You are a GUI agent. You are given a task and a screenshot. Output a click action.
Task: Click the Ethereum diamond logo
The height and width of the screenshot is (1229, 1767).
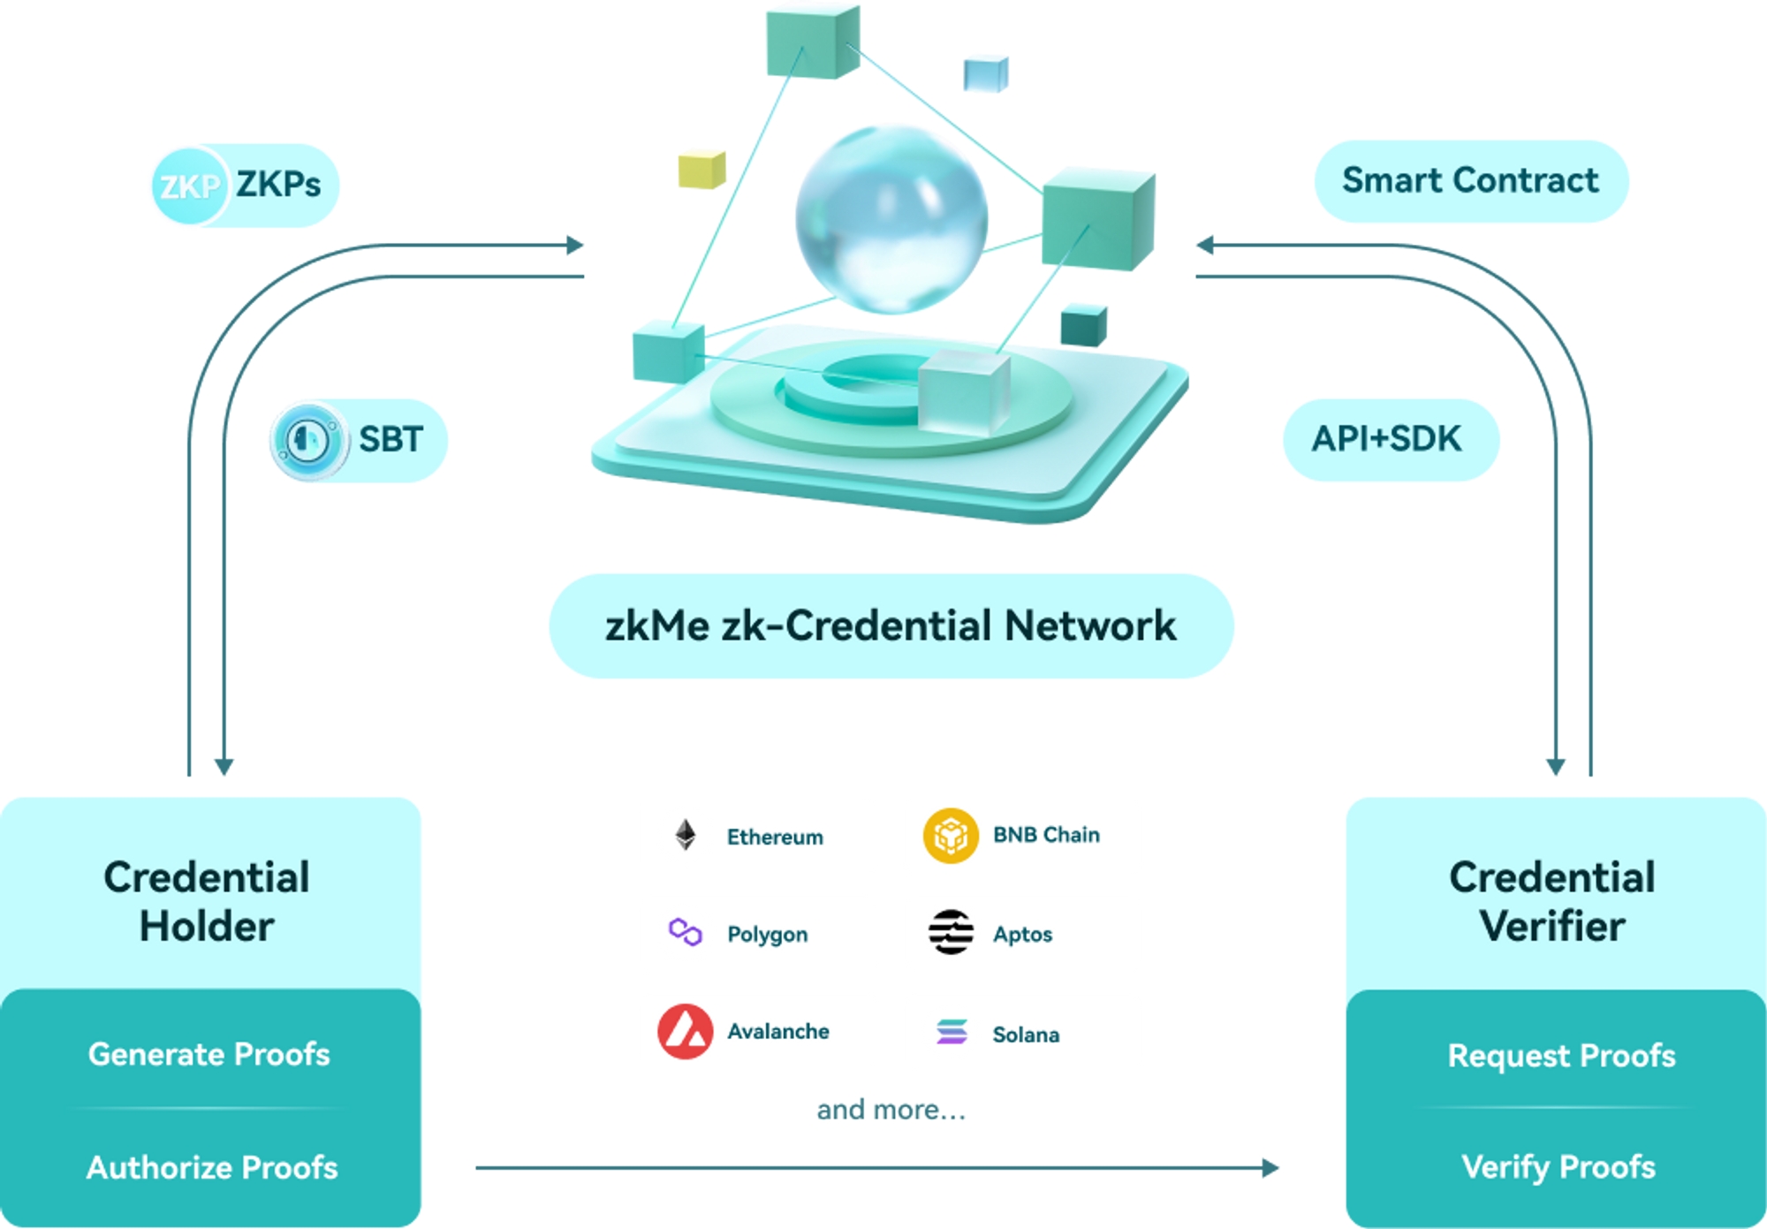(x=686, y=835)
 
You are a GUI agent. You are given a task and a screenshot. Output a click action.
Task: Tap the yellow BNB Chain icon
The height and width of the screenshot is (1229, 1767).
(x=951, y=835)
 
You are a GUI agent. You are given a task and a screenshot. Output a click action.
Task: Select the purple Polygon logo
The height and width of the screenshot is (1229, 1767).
(x=686, y=932)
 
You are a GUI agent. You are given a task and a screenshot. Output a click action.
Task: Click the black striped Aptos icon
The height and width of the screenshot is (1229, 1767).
(x=951, y=932)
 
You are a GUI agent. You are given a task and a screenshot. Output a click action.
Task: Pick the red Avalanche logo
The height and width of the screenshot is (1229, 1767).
(x=686, y=1031)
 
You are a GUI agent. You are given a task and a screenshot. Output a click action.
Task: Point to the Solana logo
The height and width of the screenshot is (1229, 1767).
(x=952, y=1031)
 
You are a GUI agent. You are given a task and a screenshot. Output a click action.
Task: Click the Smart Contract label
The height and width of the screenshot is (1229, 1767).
(x=1471, y=181)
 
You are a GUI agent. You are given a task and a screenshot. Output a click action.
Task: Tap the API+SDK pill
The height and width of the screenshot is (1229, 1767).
(x=1390, y=439)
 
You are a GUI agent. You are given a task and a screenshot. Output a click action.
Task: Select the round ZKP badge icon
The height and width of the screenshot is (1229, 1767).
(x=189, y=186)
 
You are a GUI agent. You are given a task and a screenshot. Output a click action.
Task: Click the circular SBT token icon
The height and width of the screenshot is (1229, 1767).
(x=308, y=440)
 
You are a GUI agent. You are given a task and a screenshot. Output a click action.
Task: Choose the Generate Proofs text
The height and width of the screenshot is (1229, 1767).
(x=209, y=1054)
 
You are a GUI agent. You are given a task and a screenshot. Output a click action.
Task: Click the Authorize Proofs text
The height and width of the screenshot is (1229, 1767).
(x=212, y=1167)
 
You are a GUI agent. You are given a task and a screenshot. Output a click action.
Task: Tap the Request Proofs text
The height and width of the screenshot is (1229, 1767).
(x=1561, y=1056)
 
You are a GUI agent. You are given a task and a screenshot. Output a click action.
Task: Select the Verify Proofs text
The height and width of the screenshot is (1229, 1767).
(x=1558, y=1167)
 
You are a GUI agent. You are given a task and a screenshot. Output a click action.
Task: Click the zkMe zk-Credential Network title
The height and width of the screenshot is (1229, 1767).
(x=891, y=626)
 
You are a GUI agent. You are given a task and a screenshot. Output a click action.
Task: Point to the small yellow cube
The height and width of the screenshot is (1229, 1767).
(x=701, y=170)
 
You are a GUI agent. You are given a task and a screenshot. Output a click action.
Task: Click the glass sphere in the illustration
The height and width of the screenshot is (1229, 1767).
(x=891, y=219)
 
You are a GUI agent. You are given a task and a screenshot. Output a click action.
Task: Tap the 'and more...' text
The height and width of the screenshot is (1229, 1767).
(x=891, y=1110)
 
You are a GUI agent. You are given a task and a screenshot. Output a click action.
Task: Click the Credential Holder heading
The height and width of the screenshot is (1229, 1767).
(x=207, y=901)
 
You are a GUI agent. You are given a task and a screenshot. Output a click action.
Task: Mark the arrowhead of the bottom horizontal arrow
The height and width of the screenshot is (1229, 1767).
(x=1270, y=1168)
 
